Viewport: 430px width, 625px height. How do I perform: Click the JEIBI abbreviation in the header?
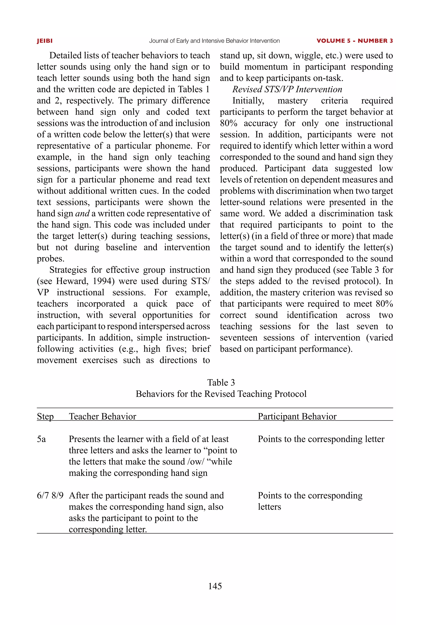point(45,41)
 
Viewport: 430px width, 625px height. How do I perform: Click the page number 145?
point(215,586)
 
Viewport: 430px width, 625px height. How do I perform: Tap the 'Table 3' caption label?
point(221,382)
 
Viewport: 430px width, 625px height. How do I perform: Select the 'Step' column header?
point(45,416)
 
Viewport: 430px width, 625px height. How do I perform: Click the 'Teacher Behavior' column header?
point(102,416)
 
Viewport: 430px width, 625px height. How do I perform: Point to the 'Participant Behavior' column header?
point(297,416)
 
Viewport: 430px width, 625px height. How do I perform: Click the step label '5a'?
point(42,439)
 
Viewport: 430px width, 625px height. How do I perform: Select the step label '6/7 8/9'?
point(50,495)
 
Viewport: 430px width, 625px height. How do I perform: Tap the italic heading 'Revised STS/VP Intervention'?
point(287,89)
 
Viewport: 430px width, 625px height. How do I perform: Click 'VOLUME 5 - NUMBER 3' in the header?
point(355,41)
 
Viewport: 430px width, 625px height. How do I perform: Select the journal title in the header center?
point(214,41)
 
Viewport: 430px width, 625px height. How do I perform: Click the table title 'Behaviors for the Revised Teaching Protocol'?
point(221,394)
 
